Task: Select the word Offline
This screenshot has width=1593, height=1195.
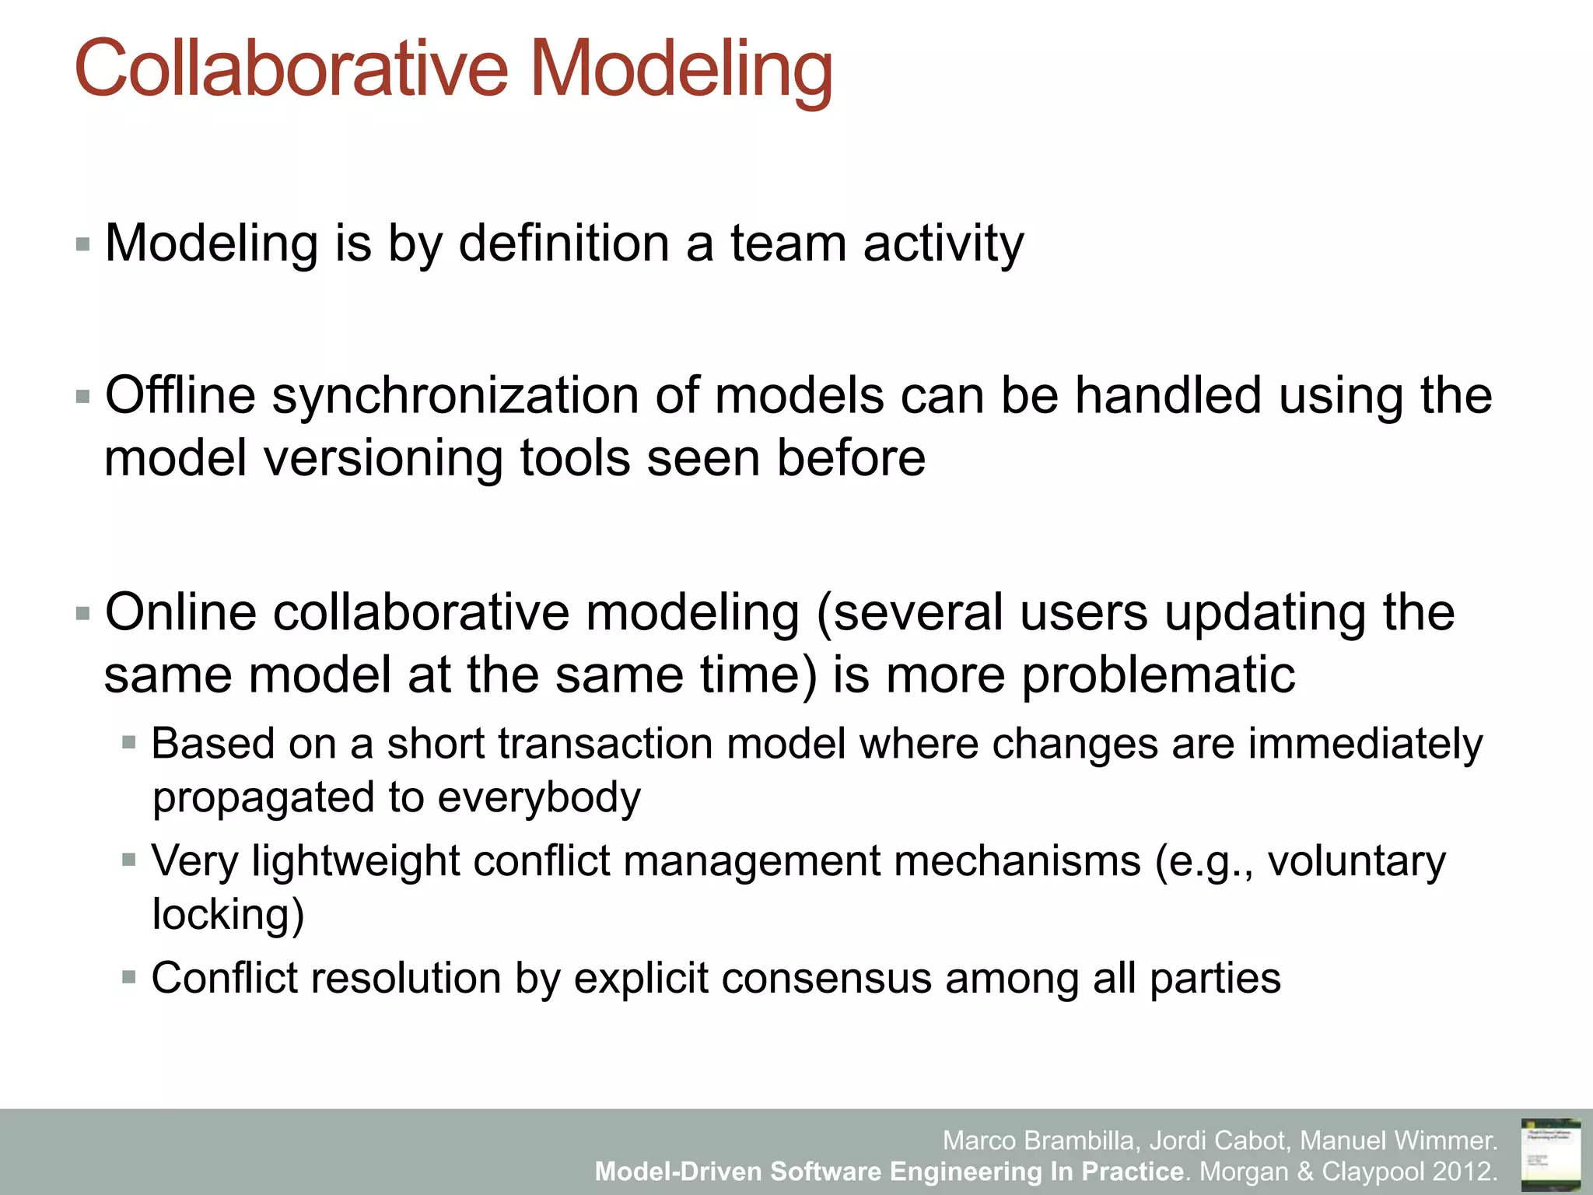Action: (x=180, y=395)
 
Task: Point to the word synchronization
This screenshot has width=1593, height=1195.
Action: (x=454, y=397)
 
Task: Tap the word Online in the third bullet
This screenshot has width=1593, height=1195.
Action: (x=180, y=612)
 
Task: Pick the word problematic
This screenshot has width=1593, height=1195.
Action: (x=1158, y=675)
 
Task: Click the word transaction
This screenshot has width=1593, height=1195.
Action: (x=606, y=744)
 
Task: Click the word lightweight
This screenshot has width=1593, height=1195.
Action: (x=356, y=861)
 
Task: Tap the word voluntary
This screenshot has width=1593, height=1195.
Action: (x=1357, y=861)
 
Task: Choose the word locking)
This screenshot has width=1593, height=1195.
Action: (x=228, y=914)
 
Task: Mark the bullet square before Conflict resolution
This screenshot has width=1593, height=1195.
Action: (x=129, y=977)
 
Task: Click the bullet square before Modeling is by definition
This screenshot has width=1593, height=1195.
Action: (x=83, y=245)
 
